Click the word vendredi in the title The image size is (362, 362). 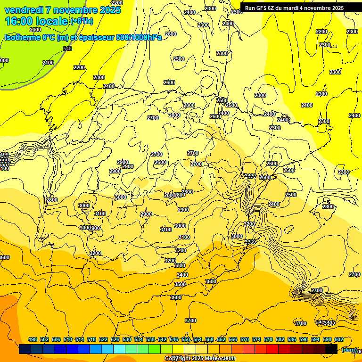click(x=24, y=10)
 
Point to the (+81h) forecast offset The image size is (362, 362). click(x=81, y=21)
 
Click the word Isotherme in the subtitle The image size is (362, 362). click(x=23, y=37)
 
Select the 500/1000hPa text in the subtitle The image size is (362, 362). click(x=140, y=37)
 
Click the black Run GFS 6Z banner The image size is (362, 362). click(x=294, y=8)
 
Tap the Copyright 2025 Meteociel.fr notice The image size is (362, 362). click(x=200, y=359)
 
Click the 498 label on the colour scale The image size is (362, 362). click(x=33, y=339)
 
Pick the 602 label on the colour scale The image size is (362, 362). click(x=339, y=339)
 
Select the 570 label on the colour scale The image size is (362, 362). click(x=245, y=339)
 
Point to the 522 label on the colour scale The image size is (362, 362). click(x=103, y=339)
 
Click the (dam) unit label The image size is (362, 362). click(x=349, y=349)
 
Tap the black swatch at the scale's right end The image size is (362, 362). click(x=331, y=349)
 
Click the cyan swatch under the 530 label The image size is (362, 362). click(x=119, y=349)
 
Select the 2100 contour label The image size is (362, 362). click(x=48, y=63)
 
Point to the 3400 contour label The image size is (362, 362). click(x=182, y=275)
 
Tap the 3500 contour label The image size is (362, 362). click(x=180, y=284)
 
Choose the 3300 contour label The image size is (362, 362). click(x=180, y=265)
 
